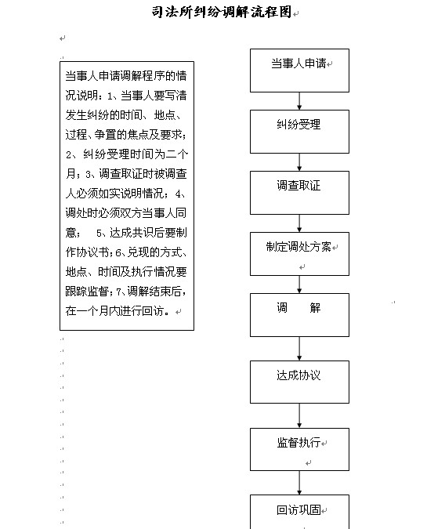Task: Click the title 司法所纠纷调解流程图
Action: (x=222, y=12)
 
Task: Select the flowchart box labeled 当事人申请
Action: (x=299, y=71)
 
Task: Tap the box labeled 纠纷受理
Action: (x=299, y=132)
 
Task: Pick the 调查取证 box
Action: (x=299, y=193)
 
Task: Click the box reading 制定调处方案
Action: (x=299, y=254)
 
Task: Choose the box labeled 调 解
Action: (x=299, y=315)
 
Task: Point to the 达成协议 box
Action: (x=299, y=382)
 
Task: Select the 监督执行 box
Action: (x=299, y=449)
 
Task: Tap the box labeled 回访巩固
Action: (x=299, y=512)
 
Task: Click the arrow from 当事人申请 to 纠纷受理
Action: (x=299, y=101)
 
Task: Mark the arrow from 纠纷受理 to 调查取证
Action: (x=299, y=162)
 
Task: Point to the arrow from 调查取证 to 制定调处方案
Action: (x=299, y=223)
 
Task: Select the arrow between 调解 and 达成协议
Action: (x=299, y=349)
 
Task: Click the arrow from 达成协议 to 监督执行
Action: (x=299, y=415)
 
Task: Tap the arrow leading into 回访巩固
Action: (x=299, y=483)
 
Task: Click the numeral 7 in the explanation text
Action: (x=118, y=292)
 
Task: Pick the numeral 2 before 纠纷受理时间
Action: (x=68, y=155)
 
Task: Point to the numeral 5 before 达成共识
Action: (x=99, y=233)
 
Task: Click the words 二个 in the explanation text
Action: (x=177, y=154)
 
